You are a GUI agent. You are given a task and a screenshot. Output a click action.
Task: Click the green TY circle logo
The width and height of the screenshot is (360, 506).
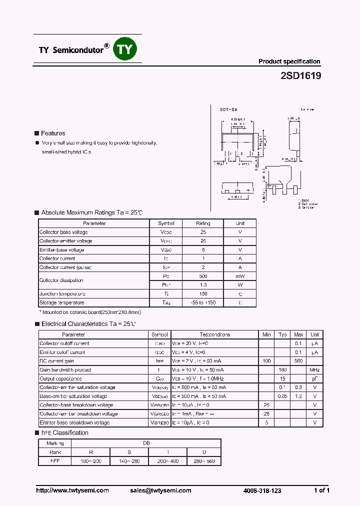(125, 49)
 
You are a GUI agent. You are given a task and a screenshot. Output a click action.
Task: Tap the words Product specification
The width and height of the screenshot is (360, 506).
(289, 61)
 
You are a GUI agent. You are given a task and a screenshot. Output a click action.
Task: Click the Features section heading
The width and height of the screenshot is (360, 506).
(53, 133)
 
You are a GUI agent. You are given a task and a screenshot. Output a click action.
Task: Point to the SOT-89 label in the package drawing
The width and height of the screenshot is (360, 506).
(228, 108)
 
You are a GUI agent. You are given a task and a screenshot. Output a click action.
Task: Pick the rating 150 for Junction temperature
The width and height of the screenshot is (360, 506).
(202, 294)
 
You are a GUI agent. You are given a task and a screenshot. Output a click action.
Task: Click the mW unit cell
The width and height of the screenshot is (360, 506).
(240, 276)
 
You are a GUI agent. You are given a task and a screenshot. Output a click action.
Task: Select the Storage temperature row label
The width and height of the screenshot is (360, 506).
(62, 303)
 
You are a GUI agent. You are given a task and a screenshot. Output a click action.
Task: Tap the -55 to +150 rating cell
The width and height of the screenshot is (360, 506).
(202, 303)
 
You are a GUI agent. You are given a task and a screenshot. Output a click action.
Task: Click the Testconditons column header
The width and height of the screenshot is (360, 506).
(215, 334)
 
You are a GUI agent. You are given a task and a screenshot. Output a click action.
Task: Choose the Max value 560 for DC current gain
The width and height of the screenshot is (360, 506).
(298, 361)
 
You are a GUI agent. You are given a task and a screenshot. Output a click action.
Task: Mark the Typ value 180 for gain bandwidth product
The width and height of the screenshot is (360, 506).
(282, 370)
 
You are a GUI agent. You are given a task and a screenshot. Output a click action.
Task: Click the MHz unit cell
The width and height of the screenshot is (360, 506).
(314, 370)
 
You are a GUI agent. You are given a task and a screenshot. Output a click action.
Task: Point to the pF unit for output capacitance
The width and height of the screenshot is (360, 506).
(314, 378)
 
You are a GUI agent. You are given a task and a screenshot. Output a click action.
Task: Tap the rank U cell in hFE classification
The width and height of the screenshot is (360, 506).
(204, 452)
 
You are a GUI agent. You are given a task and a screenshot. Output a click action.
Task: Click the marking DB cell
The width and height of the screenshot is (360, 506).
(146, 443)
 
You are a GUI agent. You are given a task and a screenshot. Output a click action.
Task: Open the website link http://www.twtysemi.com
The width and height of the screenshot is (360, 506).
(72, 490)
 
